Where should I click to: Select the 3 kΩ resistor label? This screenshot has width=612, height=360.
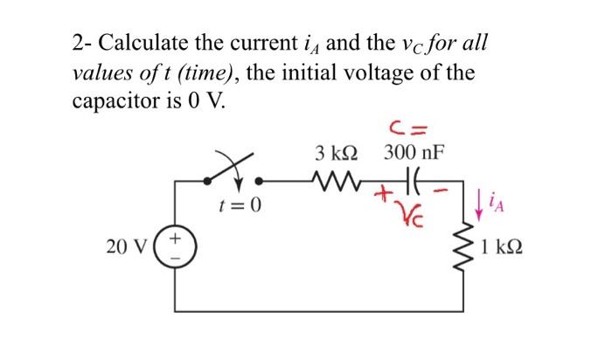pyautogui.click(x=336, y=154)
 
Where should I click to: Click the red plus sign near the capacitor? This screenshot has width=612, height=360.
pyautogui.click(x=382, y=198)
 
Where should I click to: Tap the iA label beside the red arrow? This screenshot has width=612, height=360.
pyautogui.click(x=494, y=206)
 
